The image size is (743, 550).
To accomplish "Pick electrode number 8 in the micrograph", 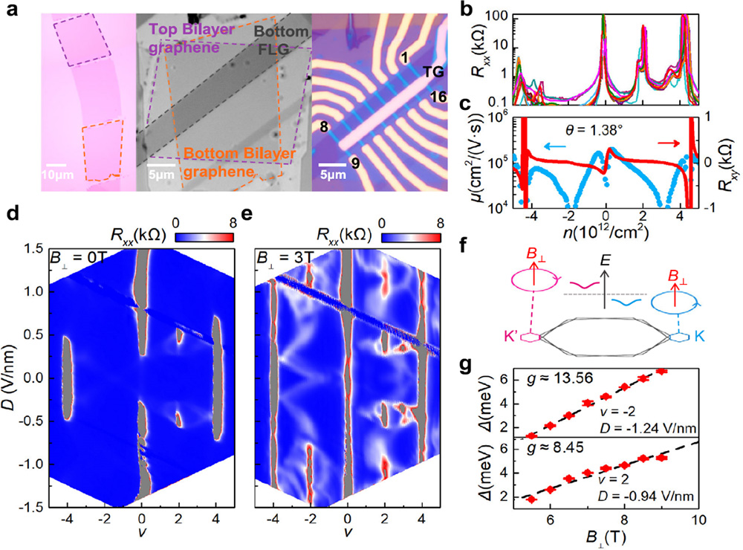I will tap(322, 128).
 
